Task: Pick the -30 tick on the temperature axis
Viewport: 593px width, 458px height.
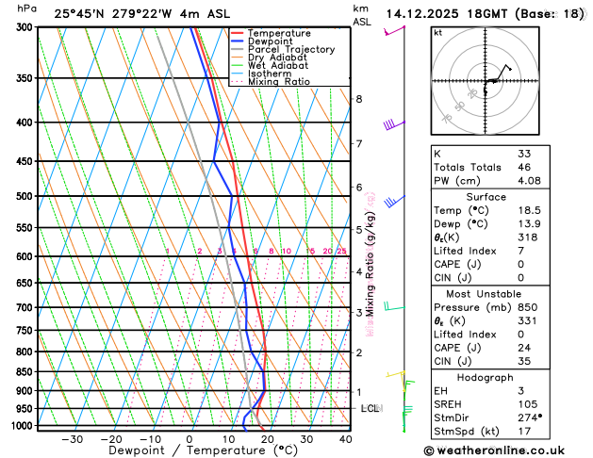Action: coord(72,439)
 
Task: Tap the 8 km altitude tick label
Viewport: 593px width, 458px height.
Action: coord(359,99)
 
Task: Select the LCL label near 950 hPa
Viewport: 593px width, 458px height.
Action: coord(370,409)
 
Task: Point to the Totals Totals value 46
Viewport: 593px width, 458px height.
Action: coord(524,167)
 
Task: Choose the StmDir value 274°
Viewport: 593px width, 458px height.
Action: coord(529,417)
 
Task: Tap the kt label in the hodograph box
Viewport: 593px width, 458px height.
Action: coord(437,33)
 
